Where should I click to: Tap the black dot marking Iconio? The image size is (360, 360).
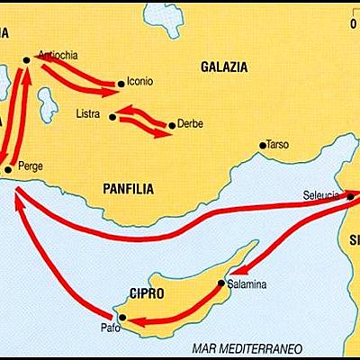point(121,85)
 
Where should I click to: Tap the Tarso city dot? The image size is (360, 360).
point(262,145)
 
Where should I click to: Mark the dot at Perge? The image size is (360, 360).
point(8,168)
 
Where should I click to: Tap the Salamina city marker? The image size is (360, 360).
point(221,283)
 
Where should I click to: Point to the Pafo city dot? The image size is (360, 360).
point(123,319)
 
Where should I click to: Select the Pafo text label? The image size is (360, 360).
point(107,328)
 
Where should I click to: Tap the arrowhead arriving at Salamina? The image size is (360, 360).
point(228,274)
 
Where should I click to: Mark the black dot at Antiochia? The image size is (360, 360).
point(26,59)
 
